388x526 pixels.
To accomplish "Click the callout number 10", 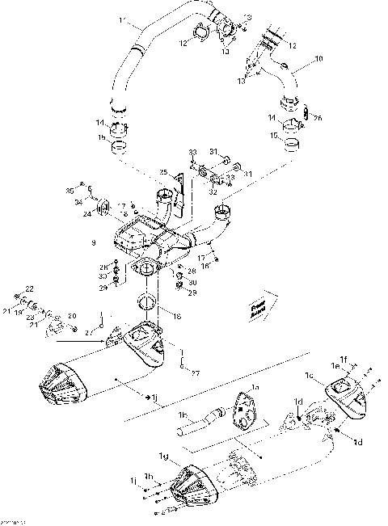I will pyautogui.click(x=318, y=59).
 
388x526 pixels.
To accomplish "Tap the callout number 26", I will pyautogui.click(x=318, y=118).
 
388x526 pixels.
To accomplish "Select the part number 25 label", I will pyautogui.click(x=162, y=173).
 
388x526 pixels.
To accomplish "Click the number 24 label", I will pyautogui.click(x=86, y=215).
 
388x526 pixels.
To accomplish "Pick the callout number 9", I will pyautogui.click(x=94, y=242).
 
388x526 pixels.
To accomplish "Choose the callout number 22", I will pyautogui.click(x=30, y=288).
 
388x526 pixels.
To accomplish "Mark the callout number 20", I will pyautogui.click(x=72, y=316).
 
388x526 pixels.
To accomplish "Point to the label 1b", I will pyautogui.click(x=182, y=415).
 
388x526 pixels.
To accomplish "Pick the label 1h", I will pyautogui.click(x=147, y=476).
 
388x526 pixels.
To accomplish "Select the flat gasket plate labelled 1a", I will pyautogui.click(x=242, y=408).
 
